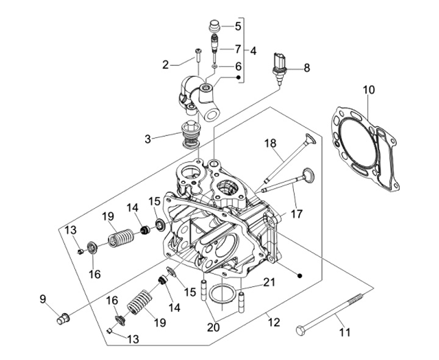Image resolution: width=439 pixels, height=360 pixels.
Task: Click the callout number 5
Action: (x=238, y=26)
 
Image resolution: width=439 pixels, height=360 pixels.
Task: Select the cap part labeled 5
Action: (x=215, y=26)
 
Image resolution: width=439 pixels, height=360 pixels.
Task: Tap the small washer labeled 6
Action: (x=215, y=67)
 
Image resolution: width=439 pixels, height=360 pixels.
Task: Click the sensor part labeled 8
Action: (x=279, y=68)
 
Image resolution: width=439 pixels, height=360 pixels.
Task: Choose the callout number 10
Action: (x=369, y=90)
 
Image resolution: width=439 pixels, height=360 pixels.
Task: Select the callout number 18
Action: (x=271, y=143)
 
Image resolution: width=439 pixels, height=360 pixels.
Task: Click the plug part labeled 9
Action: (x=63, y=319)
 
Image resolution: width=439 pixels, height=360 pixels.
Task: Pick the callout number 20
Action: (x=213, y=327)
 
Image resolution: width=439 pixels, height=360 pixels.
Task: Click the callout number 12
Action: (x=274, y=322)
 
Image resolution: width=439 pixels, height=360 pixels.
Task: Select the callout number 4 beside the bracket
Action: (x=253, y=51)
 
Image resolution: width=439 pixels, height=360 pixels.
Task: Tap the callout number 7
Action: (x=238, y=49)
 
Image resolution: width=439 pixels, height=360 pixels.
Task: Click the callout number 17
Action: (x=296, y=214)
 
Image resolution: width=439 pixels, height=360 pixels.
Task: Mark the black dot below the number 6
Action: (x=238, y=77)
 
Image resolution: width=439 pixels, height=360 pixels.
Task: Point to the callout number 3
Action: (x=148, y=139)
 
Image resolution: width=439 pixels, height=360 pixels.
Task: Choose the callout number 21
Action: (x=269, y=283)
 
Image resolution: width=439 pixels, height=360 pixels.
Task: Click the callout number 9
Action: (x=43, y=299)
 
